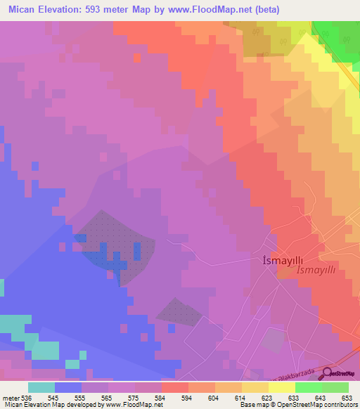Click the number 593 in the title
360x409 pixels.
103,10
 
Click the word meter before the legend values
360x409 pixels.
10,397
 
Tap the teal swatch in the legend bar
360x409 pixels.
41,387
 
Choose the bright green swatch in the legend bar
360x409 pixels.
308,387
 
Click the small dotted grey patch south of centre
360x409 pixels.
178,311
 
